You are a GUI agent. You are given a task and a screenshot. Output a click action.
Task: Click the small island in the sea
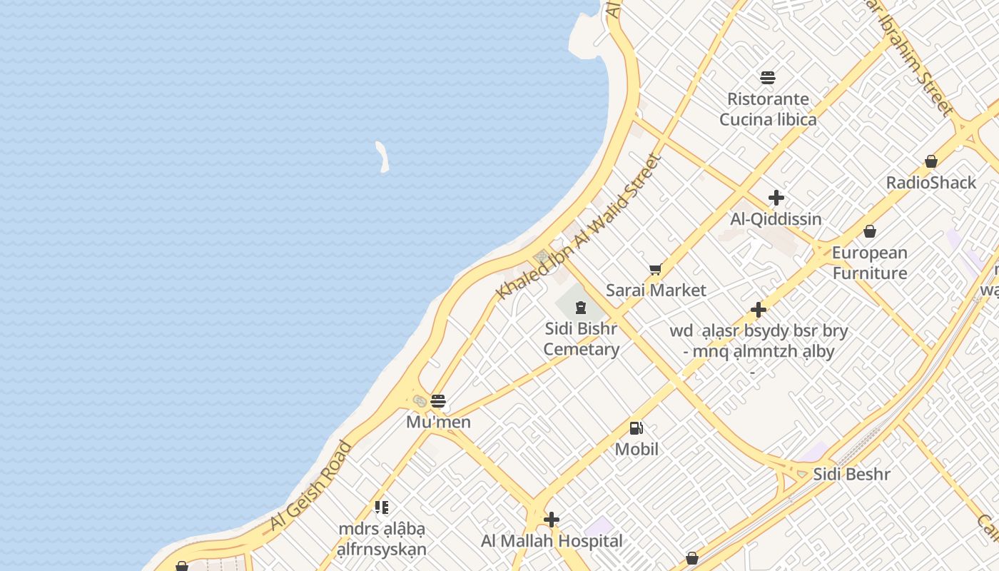382,156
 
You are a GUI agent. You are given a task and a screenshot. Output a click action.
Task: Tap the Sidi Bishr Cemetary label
581,339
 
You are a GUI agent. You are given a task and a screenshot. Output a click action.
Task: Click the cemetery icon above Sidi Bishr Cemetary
580,308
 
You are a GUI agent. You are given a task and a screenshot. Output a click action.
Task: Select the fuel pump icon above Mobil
636,428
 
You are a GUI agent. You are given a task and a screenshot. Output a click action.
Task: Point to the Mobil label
637,449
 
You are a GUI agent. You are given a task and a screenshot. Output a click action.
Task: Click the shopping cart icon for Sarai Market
655,270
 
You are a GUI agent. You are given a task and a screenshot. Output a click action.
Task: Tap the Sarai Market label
656,290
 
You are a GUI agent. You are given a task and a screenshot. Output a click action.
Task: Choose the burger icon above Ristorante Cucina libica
768,77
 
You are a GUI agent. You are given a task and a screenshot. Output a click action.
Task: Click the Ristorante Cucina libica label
768,109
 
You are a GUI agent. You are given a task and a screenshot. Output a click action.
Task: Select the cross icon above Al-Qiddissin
776,198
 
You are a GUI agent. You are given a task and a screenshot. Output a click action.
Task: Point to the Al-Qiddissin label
776,219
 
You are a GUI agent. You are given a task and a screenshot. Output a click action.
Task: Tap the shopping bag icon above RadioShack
931,161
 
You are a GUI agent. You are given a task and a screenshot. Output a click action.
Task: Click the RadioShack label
930,183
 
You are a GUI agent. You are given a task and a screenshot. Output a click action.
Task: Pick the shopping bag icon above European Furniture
870,231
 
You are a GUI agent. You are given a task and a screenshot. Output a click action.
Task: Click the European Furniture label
869,263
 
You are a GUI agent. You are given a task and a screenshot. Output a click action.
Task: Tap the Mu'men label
438,422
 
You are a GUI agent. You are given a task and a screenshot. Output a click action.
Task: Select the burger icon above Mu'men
438,401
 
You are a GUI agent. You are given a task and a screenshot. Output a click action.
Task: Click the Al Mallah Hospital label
552,541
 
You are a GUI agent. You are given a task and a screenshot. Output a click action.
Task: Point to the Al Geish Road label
311,486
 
